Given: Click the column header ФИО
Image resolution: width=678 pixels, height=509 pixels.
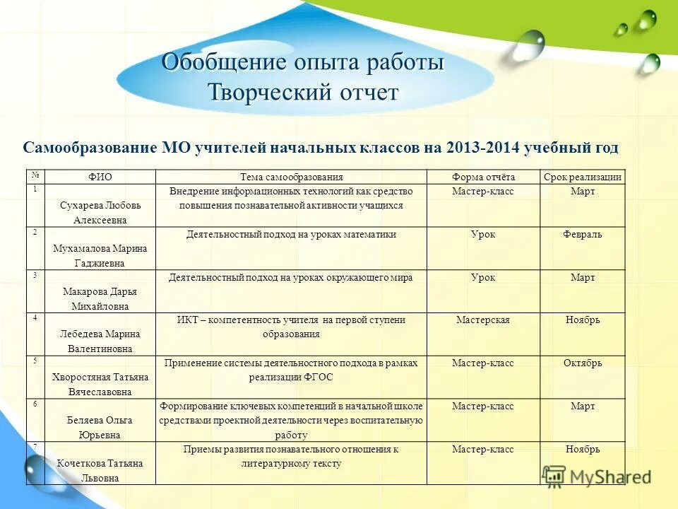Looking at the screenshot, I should pyautogui.click(x=100, y=177).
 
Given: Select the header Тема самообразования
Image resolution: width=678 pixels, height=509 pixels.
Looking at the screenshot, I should pyautogui.click(x=291, y=177).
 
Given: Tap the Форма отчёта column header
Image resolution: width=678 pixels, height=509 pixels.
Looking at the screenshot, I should pyautogui.click(x=483, y=177).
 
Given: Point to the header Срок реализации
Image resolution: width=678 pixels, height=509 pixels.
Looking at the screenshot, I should pyautogui.click(x=583, y=177).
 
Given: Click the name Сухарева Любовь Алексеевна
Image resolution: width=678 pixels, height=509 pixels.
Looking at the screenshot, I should pyautogui.click(x=100, y=213).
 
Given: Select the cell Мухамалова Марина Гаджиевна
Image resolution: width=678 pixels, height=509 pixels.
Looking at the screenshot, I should pyautogui.click(x=100, y=255).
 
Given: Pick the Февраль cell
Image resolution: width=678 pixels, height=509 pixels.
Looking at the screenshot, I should pyautogui.click(x=583, y=235).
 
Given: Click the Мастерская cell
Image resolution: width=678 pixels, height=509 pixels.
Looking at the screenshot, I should pyautogui.click(x=483, y=320).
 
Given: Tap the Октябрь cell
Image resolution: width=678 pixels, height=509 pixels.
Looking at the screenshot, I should pyautogui.click(x=583, y=363).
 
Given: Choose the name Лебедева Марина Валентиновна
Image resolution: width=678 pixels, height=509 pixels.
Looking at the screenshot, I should pyautogui.click(x=100, y=341).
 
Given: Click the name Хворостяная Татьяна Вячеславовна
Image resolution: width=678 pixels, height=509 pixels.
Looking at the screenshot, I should pyautogui.click(x=100, y=385).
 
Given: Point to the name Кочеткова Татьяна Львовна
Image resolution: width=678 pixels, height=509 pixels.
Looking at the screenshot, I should pyautogui.click(x=100, y=471).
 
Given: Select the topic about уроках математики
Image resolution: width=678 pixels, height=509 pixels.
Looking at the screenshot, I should pyautogui.click(x=291, y=235).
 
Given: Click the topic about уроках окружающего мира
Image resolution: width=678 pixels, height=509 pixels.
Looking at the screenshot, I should pyautogui.click(x=291, y=278).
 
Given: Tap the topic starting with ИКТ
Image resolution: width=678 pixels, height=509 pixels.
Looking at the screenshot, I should pyautogui.click(x=291, y=327).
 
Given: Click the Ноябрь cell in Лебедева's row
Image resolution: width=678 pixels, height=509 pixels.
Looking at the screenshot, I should pyautogui.click(x=583, y=320).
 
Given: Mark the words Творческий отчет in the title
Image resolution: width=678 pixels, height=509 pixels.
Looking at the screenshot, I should pyautogui.click(x=304, y=93).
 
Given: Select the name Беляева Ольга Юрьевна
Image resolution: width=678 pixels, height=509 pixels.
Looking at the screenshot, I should pyautogui.click(x=100, y=428).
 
